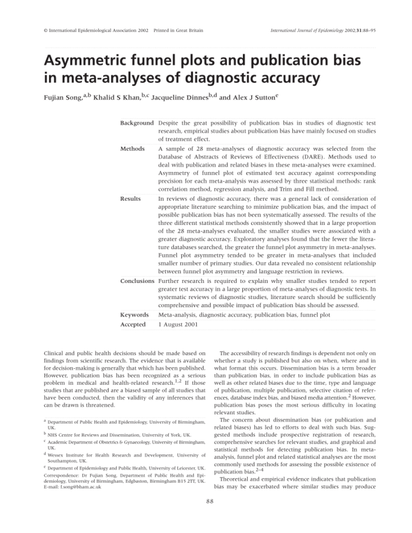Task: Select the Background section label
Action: [x=137, y=123]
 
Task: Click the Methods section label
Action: [x=133, y=148]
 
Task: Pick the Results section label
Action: [x=131, y=198]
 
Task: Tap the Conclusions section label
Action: [x=137, y=281]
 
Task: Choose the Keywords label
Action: [x=135, y=315]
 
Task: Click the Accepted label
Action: [x=133, y=325]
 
